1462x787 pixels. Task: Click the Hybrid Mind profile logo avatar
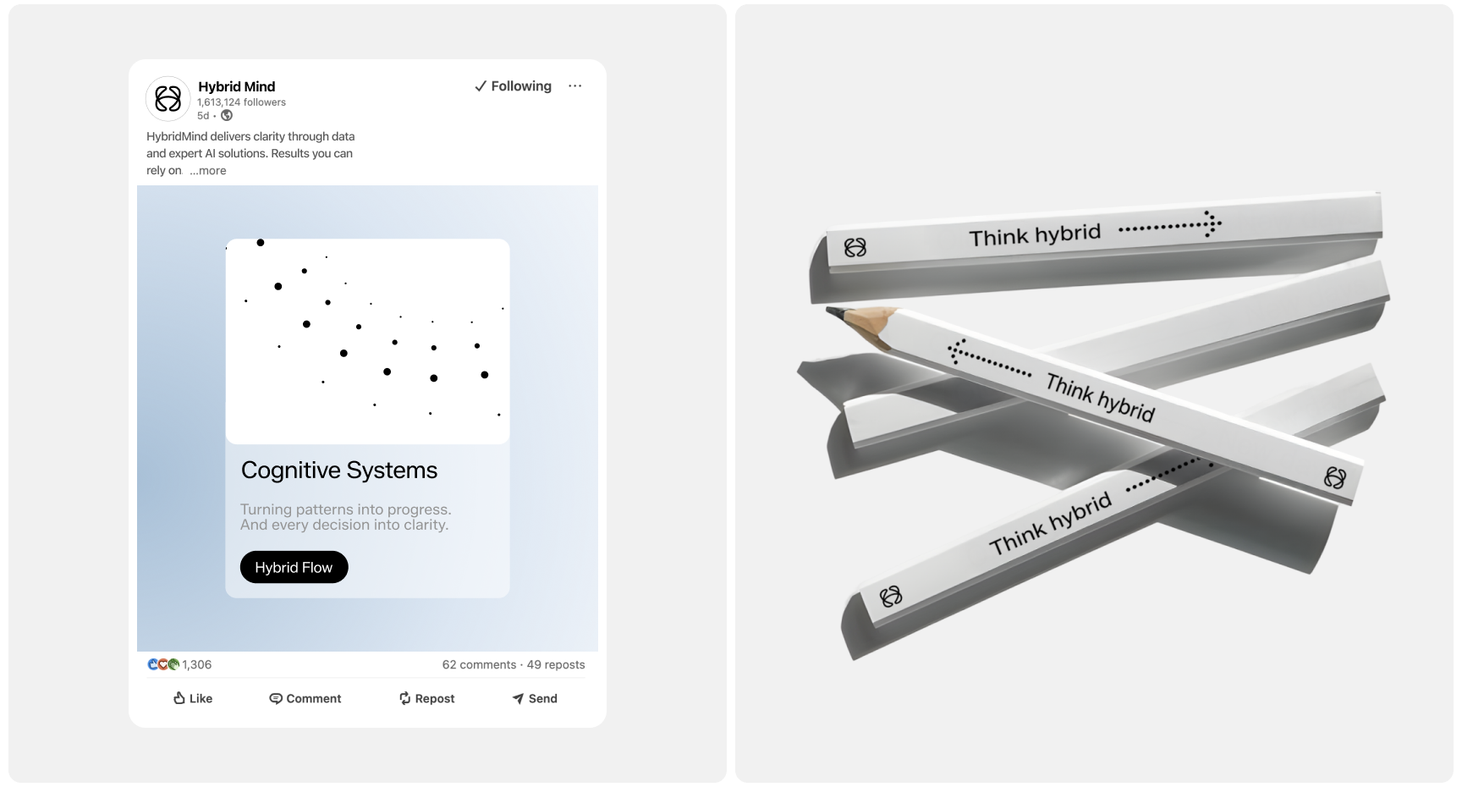[168, 98]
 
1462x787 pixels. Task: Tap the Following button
[513, 86]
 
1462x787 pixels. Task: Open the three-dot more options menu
[575, 86]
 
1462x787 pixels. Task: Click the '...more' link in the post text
[208, 171]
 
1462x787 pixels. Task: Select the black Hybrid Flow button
[294, 567]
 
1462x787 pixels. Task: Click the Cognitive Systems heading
[339, 471]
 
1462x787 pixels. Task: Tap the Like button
[193, 698]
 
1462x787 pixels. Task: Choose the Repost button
[426, 698]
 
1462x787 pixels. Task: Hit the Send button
[535, 698]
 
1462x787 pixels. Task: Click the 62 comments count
[479, 664]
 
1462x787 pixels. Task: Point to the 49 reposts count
[556, 664]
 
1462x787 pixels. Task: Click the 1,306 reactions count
[196, 664]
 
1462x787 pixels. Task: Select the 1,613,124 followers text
[242, 102]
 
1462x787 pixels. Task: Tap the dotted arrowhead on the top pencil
[1213, 224]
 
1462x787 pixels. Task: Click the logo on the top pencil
[855, 248]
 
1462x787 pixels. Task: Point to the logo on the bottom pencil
[891, 597]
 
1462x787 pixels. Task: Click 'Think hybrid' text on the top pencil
[1035, 235]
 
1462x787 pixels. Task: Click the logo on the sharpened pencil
[1334, 478]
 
